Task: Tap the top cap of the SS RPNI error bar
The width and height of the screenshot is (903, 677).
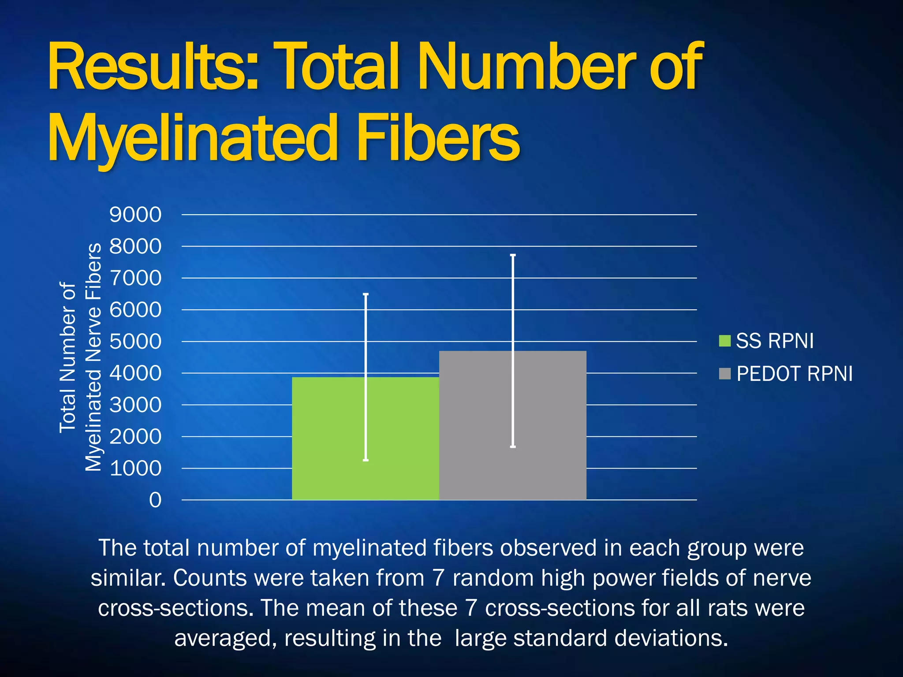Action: pyautogui.click(x=366, y=294)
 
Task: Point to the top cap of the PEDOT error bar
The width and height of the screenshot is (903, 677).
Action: pyautogui.click(x=513, y=255)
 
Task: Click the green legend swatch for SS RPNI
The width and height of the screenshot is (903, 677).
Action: pyautogui.click(x=724, y=341)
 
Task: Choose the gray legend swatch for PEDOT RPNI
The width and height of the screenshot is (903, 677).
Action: pyautogui.click(x=724, y=374)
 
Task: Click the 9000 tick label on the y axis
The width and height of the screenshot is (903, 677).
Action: pyautogui.click(x=135, y=215)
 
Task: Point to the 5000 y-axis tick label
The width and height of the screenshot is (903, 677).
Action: pyautogui.click(x=135, y=342)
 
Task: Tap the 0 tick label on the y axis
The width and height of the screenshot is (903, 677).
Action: pyautogui.click(x=155, y=500)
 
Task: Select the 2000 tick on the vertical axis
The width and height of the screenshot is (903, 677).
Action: pyautogui.click(x=135, y=437)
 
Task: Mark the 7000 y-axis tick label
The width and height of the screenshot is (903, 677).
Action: pyautogui.click(x=135, y=278)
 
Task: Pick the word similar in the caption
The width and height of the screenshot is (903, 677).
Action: pyautogui.click(x=128, y=578)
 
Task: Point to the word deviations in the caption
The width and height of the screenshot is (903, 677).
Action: pyautogui.click(x=670, y=638)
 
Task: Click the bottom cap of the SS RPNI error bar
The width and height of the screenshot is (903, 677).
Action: pyautogui.click(x=366, y=460)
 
